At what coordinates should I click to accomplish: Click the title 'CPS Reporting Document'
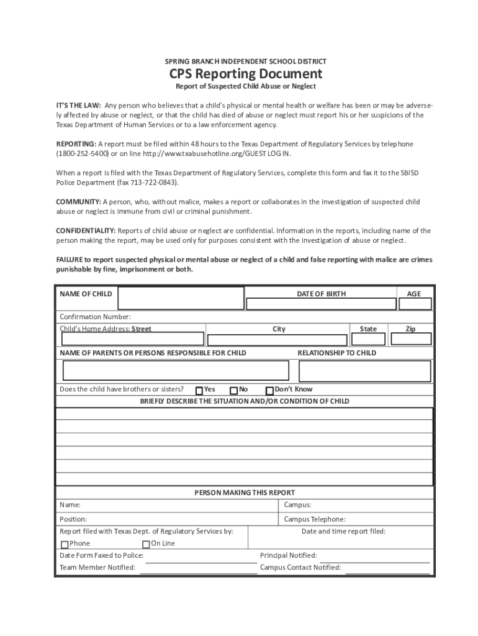point(245,74)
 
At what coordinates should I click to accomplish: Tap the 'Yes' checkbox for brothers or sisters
point(199,391)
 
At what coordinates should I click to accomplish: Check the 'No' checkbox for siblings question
point(233,391)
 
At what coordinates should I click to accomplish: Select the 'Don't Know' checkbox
point(269,391)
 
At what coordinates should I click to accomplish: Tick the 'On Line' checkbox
point(147,545)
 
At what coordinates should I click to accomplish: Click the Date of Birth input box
point(321,304)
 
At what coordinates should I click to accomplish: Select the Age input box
point(413,304)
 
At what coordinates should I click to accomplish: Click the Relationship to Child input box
point(364,371)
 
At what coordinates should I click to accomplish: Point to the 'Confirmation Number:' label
point(95,317)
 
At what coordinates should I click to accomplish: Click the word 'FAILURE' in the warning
point(70,260)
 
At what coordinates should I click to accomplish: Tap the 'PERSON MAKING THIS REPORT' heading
point(245,493)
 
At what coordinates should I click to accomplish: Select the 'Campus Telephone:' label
point(315,519)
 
